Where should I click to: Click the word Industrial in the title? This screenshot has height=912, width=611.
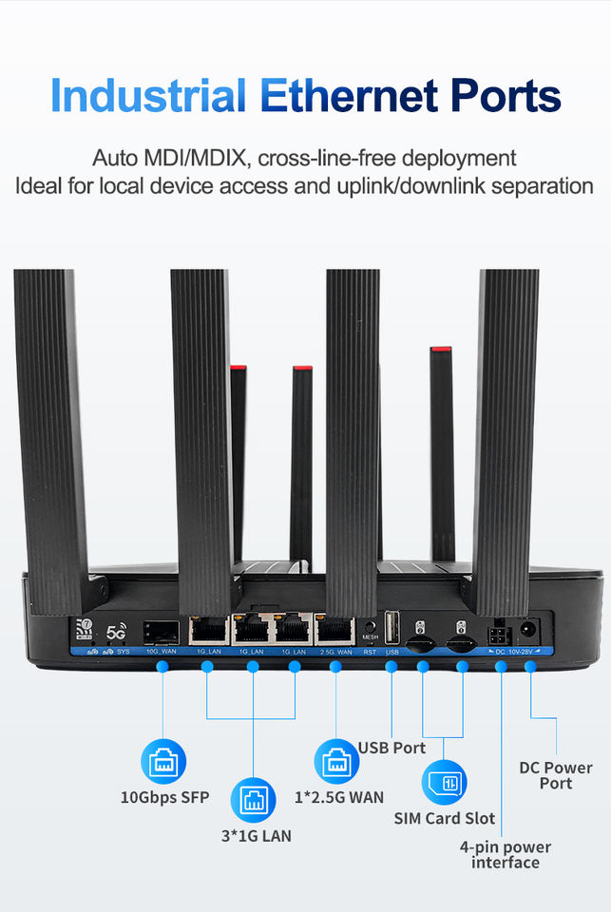coord(147,96)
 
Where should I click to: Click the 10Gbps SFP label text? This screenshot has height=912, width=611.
coord(163,797)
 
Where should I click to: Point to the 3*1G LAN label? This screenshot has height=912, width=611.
coord(253,836)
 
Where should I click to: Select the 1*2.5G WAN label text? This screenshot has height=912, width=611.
coord(338,797)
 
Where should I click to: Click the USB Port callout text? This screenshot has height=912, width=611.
coord(391,748)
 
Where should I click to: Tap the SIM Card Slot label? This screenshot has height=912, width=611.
coord(445,818)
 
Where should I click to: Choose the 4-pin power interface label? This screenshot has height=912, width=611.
coord(505,854)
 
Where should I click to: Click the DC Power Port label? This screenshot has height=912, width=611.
coord(556,775)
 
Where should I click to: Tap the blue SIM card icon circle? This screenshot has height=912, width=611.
coord(445,783)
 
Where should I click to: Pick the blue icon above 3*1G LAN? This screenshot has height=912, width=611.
coord(253,801)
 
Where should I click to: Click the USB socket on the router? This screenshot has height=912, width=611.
coord(391,630)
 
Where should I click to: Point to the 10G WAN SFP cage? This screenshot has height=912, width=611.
coord(161,632)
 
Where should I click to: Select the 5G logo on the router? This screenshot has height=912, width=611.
coord(116,632)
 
